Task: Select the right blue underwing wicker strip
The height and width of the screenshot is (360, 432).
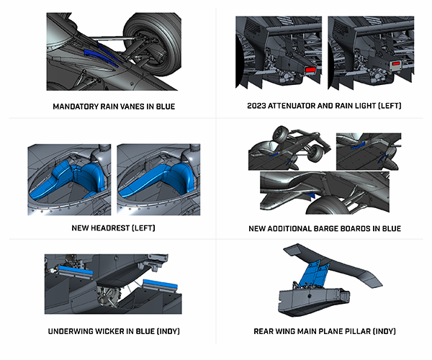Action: click(159, 282)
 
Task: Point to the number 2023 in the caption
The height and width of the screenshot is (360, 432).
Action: click(257, 107)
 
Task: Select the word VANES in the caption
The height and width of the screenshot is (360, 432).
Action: click(135, 107)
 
